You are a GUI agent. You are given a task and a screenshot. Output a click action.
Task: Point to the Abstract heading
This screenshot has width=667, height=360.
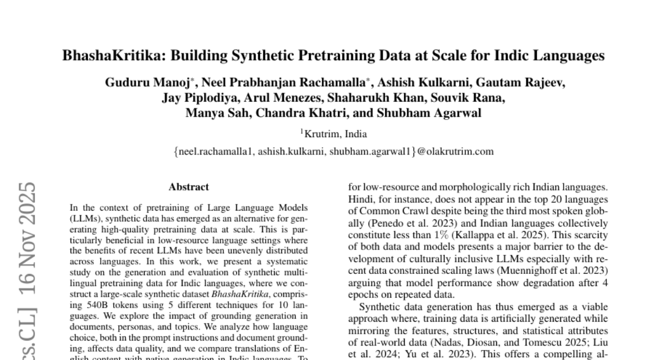click(x=189, y=187)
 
